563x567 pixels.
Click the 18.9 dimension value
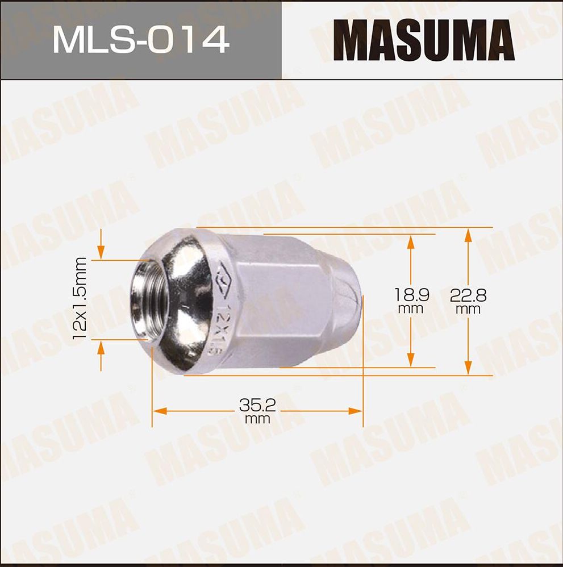pyautogui.click(x=411, y=295)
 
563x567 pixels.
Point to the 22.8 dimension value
pyautogui.click(x=468, y=295)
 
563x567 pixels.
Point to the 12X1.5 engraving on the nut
pyautogui.click(x=219, y=330)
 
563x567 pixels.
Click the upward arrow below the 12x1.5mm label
pyautogui.click(x=101, y=348)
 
